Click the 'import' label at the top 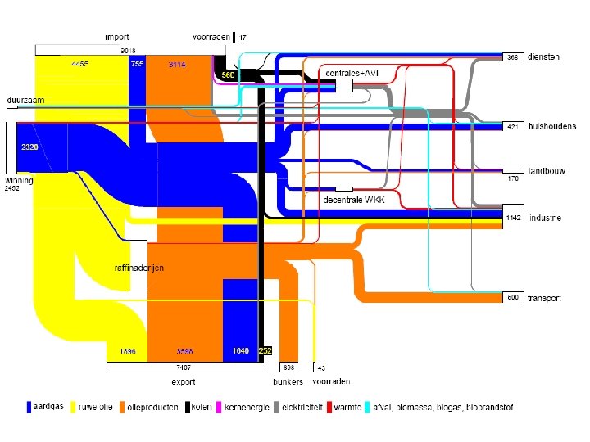116,37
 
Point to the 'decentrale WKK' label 352,199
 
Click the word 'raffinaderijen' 139,268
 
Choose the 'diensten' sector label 544,57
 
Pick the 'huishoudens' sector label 551,127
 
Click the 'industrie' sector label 545,218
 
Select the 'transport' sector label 544,298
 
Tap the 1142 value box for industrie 513,218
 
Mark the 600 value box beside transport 512,297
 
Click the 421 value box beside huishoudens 512,127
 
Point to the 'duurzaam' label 25,100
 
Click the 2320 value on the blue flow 30,147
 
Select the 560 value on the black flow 228,75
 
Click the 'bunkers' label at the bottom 288,381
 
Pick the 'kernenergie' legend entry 247,407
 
